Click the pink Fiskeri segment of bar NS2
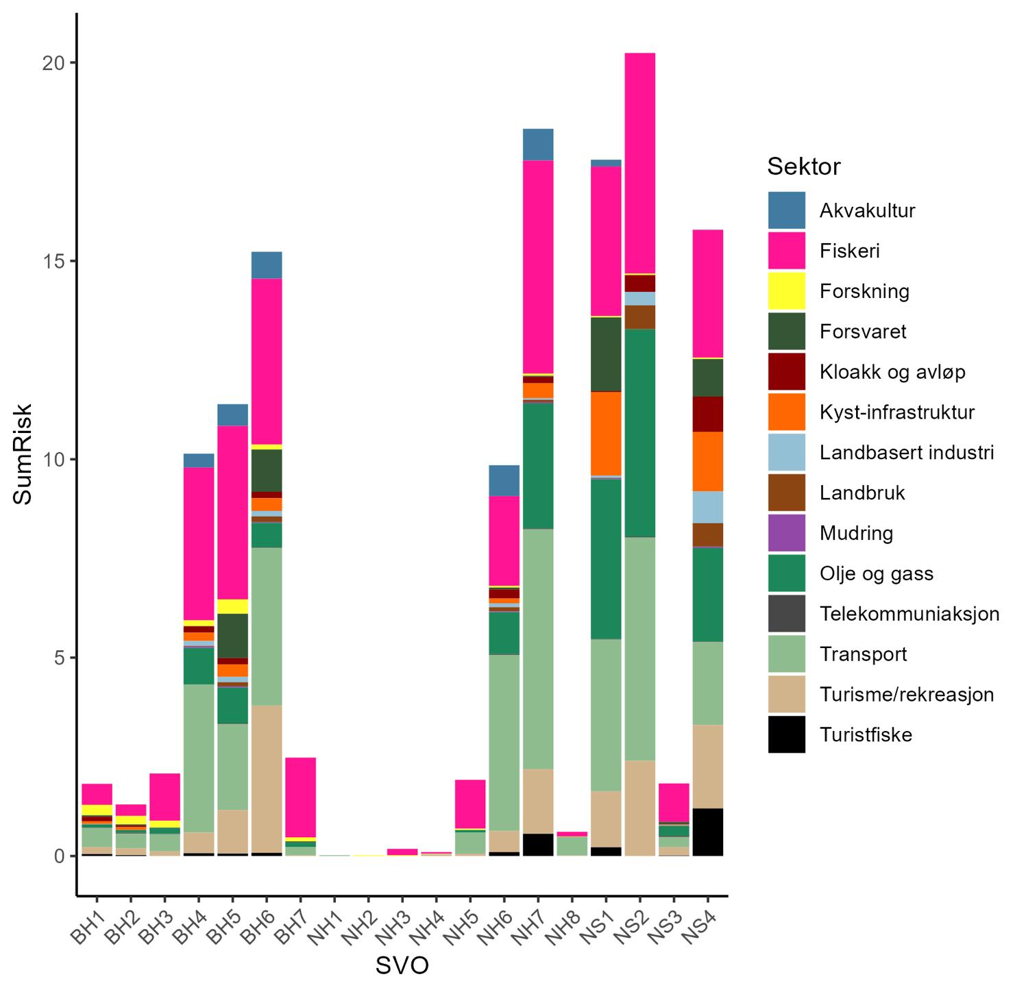(639, 163)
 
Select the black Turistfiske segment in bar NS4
(707, 832)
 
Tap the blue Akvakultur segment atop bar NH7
(538, 145)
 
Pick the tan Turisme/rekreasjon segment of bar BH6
(267, 779)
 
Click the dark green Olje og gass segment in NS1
(606, 558)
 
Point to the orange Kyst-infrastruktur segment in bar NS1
(606, 433)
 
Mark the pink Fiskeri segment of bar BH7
(300, 797)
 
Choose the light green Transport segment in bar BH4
(199, 758)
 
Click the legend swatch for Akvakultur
(786, 210)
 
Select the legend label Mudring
(856, 533)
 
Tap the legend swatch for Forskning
(786, 291)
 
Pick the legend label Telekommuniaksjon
(909, 614)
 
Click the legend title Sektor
(803, 166)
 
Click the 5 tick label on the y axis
(60, 658)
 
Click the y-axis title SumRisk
(23, 459)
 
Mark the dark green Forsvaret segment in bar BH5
(232, 636)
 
